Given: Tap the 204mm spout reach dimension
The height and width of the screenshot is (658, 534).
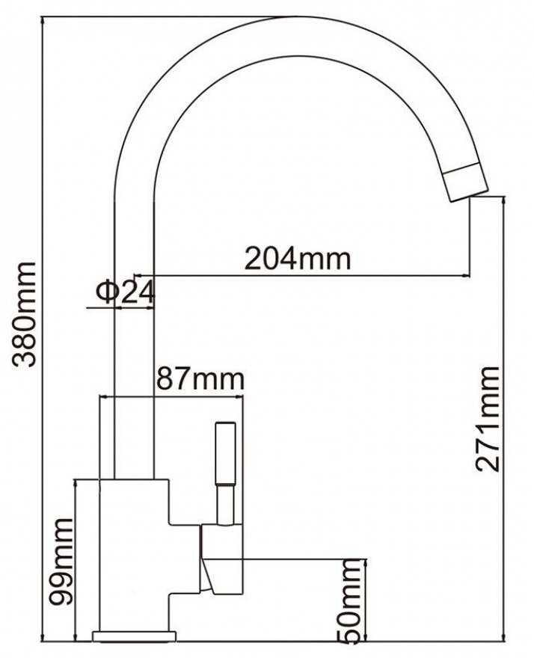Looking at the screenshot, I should point(298,259).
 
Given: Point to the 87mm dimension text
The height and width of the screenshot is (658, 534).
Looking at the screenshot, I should point(200,379).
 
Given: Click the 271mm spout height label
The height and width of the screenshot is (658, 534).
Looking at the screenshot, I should point(490,419).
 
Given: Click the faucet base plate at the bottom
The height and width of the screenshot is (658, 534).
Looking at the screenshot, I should point(134,636).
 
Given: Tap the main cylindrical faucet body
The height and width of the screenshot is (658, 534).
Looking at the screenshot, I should point(135,553).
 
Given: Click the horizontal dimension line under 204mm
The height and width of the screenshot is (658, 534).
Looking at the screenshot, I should point(299,276).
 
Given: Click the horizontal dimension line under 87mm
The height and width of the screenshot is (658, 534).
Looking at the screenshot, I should point(172,396).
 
